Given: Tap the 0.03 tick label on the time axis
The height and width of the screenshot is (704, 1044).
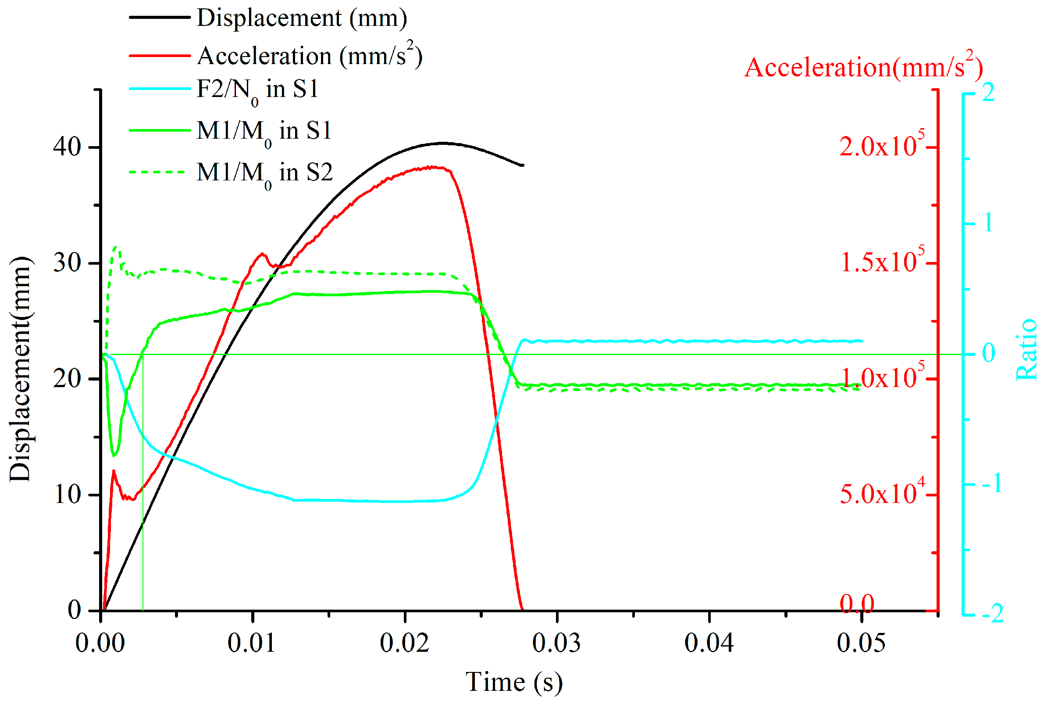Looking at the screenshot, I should [x=556, y=643].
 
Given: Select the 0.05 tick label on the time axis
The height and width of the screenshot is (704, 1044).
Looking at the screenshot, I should [x=861, y=643].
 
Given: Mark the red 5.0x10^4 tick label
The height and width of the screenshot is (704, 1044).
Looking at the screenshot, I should [x=881, y=493].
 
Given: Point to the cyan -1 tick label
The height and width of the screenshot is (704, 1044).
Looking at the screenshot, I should [x=992, y=484].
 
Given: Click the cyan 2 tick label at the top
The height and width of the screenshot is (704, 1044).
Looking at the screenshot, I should [x=988, y=93].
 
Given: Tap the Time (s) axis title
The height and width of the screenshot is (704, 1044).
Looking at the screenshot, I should [x=513, y=682].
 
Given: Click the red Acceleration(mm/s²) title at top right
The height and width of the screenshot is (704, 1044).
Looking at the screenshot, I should [x=863, y=68].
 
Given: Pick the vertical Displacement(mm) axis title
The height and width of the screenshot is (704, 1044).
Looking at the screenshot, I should [x=20, y=369].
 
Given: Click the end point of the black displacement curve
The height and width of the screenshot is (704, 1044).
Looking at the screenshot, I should [x=523, y=165].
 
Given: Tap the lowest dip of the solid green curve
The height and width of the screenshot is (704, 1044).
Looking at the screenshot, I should [x=114, y=455].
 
